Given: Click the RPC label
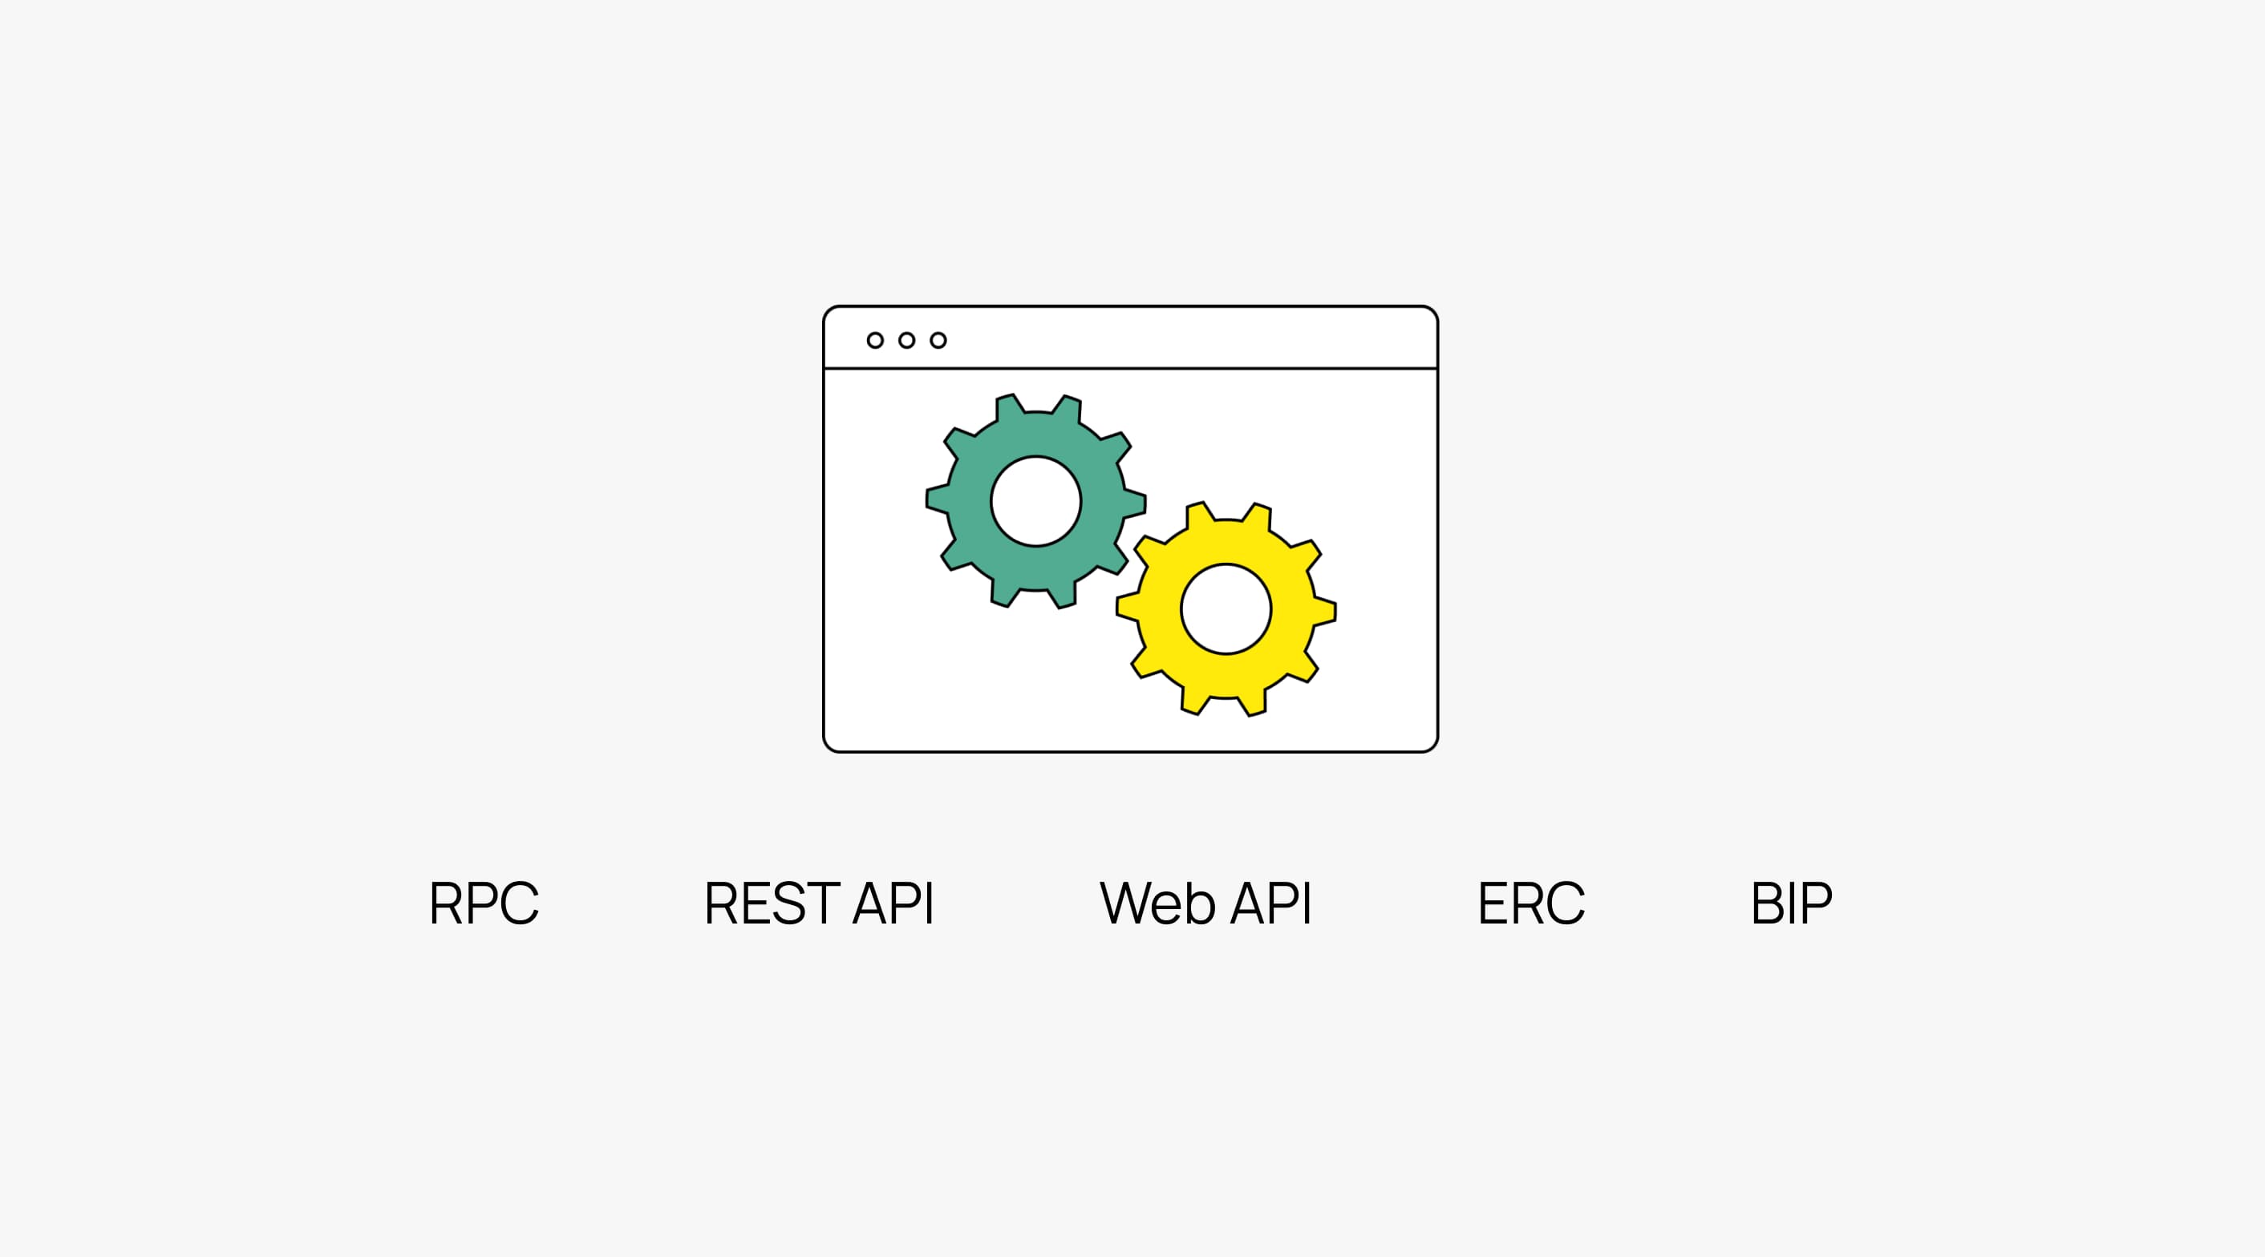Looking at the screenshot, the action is [x=484, y=903].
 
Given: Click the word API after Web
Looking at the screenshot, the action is [x=1270, y=903].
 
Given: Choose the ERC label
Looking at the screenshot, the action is [x=1531, y=903].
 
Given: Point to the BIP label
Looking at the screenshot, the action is [x=1791, y=903].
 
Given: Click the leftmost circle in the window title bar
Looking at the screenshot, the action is [x=875, y=340].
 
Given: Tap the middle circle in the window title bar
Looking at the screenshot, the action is [x=906, y=340].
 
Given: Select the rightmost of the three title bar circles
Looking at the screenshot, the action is [x=938, y=340].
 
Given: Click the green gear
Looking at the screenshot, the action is [x=967, y=501].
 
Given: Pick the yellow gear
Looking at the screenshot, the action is [x=1159, y=609].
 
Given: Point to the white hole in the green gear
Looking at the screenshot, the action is [x=1035, y=501].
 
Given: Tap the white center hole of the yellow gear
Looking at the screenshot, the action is [x=1226, y=609].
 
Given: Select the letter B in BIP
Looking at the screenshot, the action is [x=1768, y=903].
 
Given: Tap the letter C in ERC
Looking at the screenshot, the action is [x=1565, y=903].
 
